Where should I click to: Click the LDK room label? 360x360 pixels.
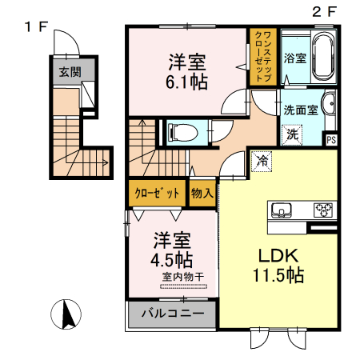[x=277, y=255]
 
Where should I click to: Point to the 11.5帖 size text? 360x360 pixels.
[x=278, y=277]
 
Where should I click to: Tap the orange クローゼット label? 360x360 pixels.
[x=157, y=194]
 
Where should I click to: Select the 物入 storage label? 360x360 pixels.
[x=202, y=194]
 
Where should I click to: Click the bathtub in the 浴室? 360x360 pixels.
[x=324, y=58]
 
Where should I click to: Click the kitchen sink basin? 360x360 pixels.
[x=283, y=210]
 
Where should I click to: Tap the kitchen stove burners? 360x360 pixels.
[x=323, y=210]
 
